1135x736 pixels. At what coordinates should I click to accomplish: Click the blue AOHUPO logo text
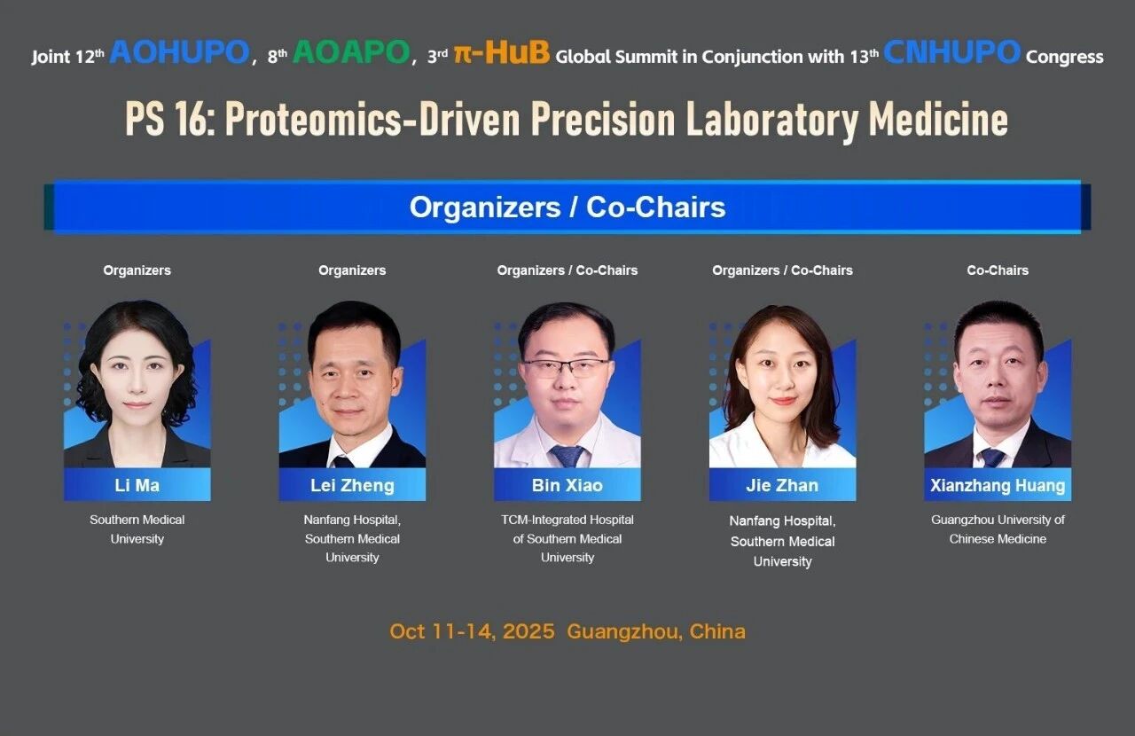tap(180, 52)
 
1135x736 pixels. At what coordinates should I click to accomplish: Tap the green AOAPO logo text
tap(351, 52)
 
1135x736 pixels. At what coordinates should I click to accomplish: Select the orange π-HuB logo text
tap(502, 52)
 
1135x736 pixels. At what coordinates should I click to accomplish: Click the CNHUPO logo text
tap(952, 52)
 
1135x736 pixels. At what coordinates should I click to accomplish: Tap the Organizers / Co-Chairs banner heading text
tap(567, 207)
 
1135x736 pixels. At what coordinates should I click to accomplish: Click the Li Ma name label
tap(137, 485)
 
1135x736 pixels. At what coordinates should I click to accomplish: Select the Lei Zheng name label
tap(352, 485)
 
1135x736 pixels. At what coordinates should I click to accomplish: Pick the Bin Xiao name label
tap(567, 485)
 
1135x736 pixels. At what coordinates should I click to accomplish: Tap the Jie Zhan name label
tap(782, 485)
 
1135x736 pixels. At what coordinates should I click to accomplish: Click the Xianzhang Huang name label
tap(998, 485)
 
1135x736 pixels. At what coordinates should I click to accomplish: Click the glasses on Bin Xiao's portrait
tap(566, 367)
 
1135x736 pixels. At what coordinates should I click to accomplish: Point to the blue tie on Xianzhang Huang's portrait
tap(992, 458)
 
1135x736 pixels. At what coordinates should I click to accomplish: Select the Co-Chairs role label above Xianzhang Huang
tap(998, 270)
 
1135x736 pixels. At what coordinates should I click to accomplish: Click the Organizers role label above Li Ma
tap(137, 270)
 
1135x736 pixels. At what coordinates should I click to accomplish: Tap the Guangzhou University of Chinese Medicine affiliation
tap(998, 529)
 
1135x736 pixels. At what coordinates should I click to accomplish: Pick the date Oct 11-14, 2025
tap(472, 631)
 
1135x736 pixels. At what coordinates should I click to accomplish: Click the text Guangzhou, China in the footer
tap(656, 632)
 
